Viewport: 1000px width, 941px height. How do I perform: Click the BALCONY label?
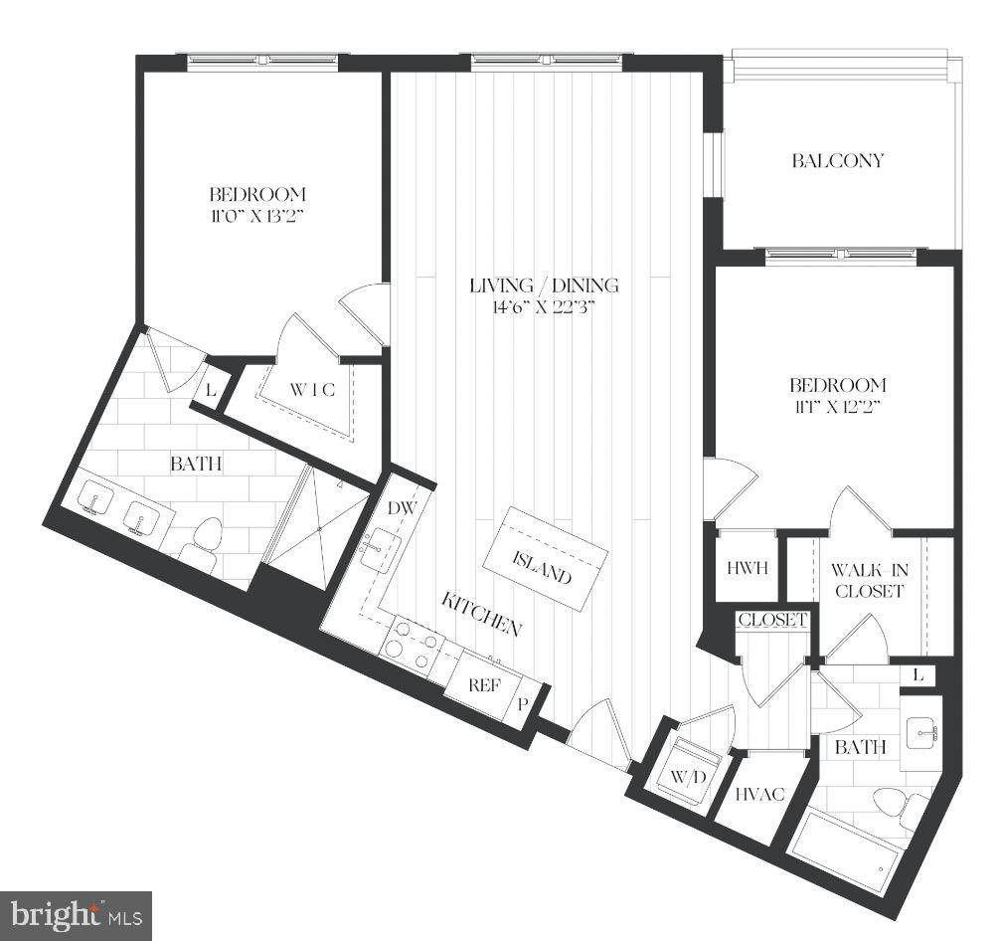coord(837,160)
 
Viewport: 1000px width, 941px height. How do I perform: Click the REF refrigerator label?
coord(484,685)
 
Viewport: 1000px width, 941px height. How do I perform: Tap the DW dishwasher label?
coord(401,508)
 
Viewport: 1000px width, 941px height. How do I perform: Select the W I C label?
coord(312,391)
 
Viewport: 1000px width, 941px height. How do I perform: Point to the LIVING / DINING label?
coord(544,285)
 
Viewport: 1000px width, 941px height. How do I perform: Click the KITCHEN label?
coord(482,612)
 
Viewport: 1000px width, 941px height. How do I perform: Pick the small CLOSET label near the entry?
coord(771,620)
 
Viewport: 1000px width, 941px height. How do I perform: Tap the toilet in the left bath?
coord(204,543)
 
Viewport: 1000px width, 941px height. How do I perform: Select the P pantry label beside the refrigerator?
coord(524,703)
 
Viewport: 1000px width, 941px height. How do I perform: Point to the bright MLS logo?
coord(76,913)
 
